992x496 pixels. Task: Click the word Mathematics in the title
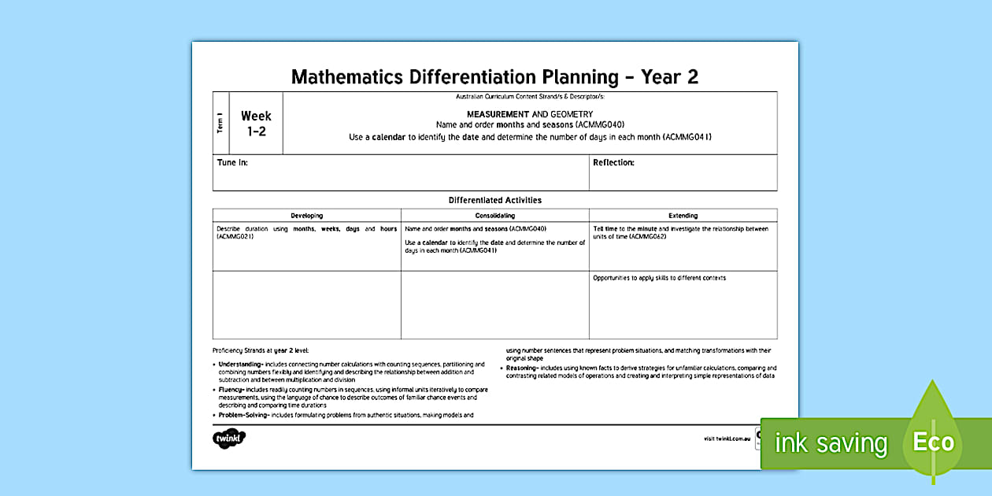346,76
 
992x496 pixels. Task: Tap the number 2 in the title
692,76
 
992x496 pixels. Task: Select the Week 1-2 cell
256,124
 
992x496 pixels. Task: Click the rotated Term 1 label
220,124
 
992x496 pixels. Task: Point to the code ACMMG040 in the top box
600,125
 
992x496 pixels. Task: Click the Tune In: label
232,163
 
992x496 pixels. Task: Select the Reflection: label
613,163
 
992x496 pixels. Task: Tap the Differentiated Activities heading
494,200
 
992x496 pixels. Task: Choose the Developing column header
306,216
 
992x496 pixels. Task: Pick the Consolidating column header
494,216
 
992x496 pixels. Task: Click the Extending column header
683,216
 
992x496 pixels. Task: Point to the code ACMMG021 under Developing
235,236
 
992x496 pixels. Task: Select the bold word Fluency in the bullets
231,389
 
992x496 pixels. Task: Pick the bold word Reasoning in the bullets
522,368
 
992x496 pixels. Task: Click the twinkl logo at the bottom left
229,439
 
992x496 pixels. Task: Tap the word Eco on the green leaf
933,442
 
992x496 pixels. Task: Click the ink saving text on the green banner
831,443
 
